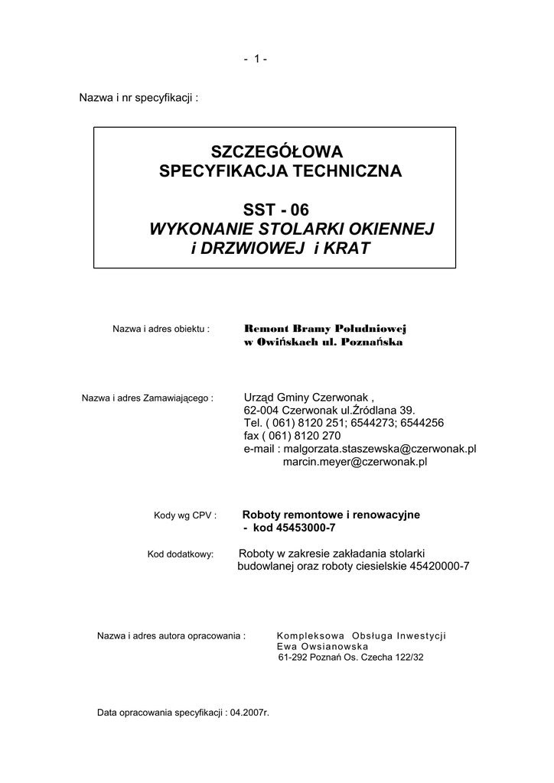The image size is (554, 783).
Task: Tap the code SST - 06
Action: [x=276, y=210]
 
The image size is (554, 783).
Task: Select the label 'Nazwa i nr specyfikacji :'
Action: [x=139, y=99]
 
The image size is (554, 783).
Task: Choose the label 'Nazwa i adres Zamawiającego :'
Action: [x=146, y=398]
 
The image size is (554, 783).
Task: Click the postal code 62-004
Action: [x=261, y=411]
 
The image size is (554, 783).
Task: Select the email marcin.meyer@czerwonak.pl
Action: [x=355, y=462]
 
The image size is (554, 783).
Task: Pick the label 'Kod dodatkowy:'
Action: [x=180, y=554]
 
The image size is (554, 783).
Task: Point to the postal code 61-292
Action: [x=295, y=658]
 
